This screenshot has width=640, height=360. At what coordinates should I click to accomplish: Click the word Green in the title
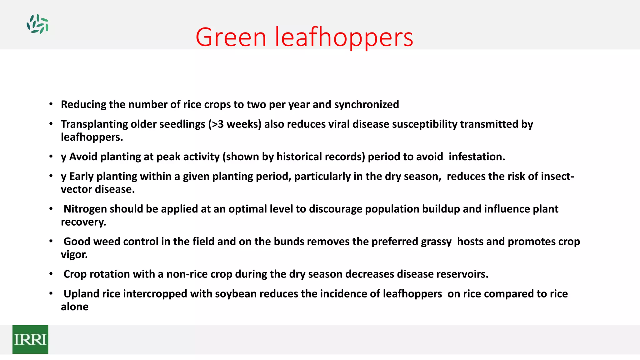click(231, 37)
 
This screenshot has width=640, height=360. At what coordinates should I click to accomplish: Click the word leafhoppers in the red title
click(344, 37)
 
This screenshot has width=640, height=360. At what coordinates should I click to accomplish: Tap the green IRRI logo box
click(30, 339)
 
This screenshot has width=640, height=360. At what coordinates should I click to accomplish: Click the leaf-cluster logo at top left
click(37, 24)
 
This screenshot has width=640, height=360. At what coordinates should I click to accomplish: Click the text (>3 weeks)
click(235, 124)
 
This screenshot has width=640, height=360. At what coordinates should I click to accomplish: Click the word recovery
click(83, 222)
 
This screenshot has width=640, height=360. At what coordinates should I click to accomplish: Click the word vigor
click(74, 255)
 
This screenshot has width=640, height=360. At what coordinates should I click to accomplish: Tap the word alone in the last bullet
click(74, 307)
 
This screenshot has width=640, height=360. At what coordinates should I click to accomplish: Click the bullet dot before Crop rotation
click(51, 274)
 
